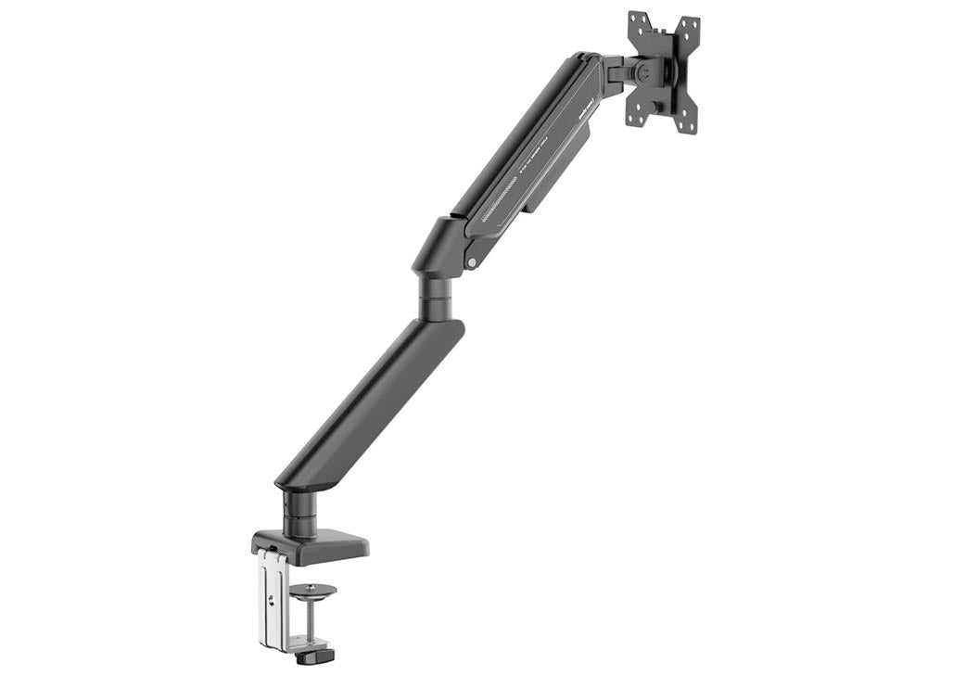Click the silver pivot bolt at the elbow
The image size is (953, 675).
coord(473,263)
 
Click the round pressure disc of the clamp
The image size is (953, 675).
coord(313,589)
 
